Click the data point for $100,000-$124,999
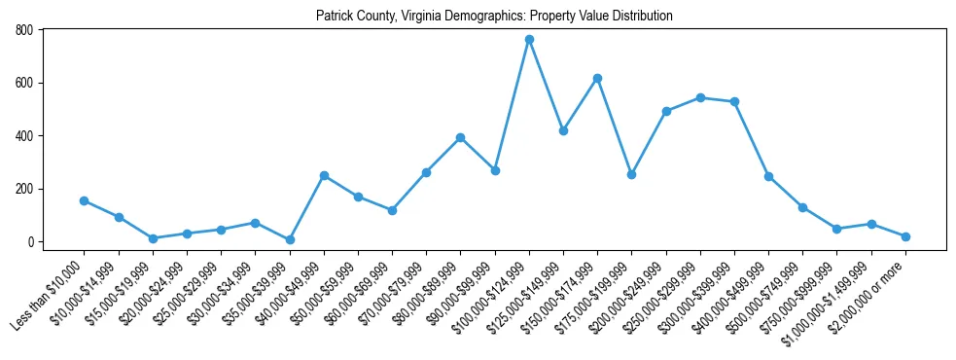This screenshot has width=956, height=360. tap(529, 39)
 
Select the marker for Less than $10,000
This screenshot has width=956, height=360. tap(85, 200)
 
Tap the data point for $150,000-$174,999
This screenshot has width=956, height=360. tap(597, 78)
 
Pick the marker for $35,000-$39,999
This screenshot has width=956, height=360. tap(290, 239)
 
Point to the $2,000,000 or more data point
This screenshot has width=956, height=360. tap(905, 236)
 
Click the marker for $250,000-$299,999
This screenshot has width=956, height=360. tap(700, 97)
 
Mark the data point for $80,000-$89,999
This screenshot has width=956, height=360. tap(460, 137)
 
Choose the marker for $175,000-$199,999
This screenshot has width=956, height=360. tap(631, 174)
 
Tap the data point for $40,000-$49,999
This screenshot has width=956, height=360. tap(324, 175)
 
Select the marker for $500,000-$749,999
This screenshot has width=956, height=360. tap(802, 207)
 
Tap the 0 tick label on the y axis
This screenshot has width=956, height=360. tap(30, 241)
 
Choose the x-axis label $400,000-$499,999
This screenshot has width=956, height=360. tap(729, 296)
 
